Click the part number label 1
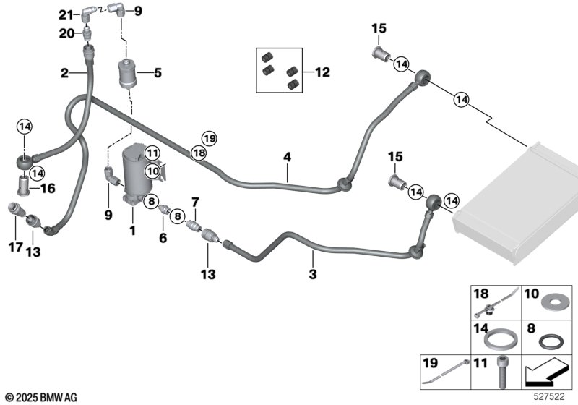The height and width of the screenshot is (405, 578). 132,230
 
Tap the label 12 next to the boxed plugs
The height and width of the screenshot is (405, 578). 322,72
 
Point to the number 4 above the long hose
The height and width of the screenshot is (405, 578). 287,156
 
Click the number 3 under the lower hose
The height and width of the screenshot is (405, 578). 312,275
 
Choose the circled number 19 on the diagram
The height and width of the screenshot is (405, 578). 209,138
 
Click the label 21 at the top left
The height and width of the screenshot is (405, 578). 66,14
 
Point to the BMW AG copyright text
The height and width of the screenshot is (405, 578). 40,397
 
